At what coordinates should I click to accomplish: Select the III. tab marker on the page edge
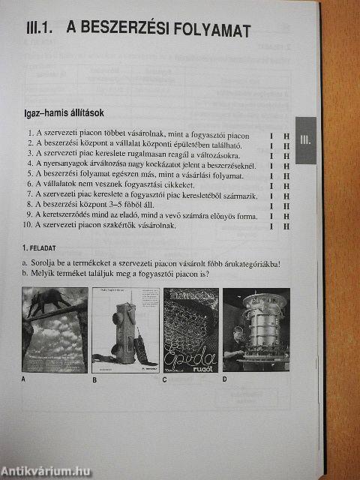(306, 139)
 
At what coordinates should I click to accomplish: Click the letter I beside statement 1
(272, 135)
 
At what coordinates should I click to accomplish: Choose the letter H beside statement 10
(286, 225)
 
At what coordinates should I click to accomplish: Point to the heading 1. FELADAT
(40, 247)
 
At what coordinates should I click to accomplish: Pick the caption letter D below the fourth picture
(224, 379)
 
